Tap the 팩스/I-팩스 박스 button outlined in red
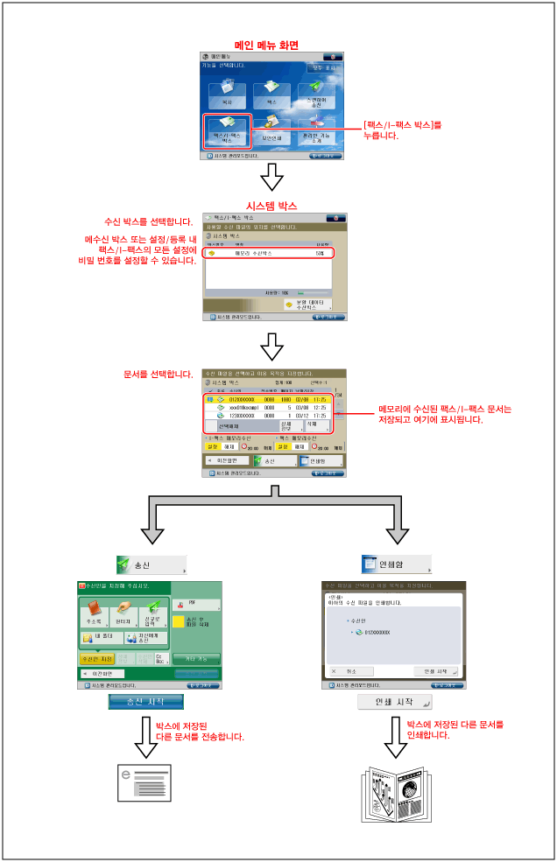(227, 130)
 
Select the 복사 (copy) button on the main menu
(227, 94)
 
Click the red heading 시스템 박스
(272, 206)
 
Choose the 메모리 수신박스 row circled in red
(268, 253)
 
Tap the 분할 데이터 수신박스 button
(307, 305)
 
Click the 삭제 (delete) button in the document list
(317, 424)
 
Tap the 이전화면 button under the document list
(225, 460)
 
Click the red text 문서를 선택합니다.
(159, 374)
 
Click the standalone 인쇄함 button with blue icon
(397, 564)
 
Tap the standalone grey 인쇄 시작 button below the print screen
(395, 702)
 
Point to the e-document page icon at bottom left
(145, 781)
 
